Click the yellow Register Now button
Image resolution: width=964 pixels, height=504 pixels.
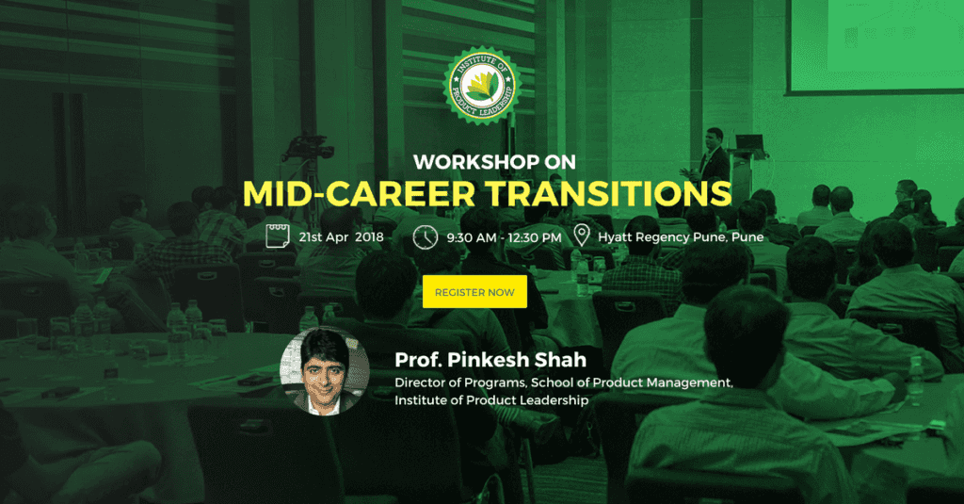tap(474, 292)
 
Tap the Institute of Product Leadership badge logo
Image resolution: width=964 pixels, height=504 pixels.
tap(482, 86)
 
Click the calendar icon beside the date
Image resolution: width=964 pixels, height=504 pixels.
tap(278, 236)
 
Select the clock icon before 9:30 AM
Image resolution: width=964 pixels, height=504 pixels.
tap(425, 236)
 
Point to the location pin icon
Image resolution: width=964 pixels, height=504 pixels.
tap(582, 236)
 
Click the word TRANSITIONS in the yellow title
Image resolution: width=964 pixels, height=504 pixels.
tap(609, 193)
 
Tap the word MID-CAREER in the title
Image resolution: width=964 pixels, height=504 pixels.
tap(359, 193)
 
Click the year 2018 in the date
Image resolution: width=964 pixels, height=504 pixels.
tap(369, 236)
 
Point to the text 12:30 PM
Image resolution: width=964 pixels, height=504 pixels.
tap(535, 237)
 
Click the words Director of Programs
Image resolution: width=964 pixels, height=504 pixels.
tap(459, 382)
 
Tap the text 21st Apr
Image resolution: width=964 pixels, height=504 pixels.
tap(324, 236)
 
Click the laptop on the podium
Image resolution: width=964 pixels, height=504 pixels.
tap(749, 142)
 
